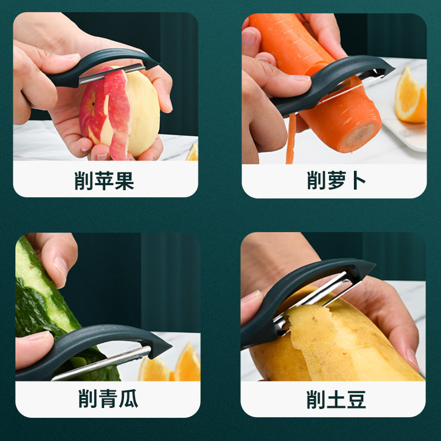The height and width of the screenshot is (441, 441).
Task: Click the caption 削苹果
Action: click(x=105, y=181)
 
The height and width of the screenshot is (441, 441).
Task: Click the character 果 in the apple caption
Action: click(x=124, y=181)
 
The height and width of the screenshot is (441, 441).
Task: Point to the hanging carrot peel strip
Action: click(x=290, y=141)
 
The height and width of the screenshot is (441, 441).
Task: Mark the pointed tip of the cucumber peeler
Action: click(x=165, y=347)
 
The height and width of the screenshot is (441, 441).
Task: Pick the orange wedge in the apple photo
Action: click(x=192, y=153)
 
